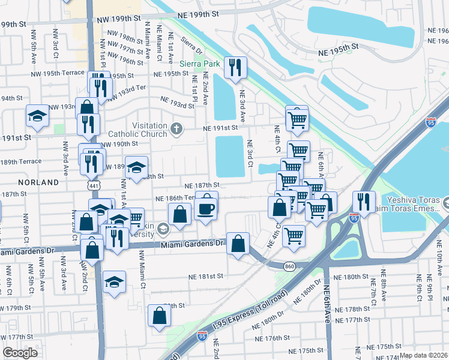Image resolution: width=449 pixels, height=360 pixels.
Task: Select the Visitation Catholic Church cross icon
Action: tap(176, 128)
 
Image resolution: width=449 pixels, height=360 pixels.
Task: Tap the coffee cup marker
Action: tap(206, 209)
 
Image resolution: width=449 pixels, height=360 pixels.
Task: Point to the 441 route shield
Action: tap(91, 187)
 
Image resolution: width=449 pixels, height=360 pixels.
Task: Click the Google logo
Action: tap(20, 353)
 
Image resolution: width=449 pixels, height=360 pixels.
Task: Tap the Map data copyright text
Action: tap(424, 355)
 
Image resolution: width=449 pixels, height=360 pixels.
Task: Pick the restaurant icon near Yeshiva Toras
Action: tap(364, 201)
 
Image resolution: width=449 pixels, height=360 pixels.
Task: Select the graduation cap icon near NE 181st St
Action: tap(114, 281)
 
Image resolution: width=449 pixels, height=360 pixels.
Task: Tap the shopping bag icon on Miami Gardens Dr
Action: tap(238, 244)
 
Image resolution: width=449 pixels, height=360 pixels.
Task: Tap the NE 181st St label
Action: tap(205, 276)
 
